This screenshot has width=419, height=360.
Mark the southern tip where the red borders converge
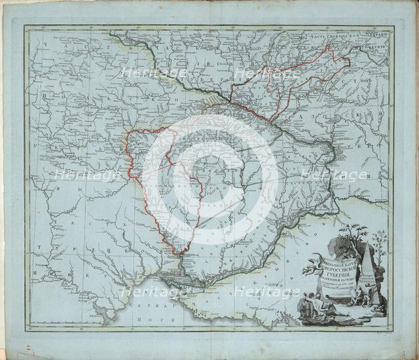pos(177,255)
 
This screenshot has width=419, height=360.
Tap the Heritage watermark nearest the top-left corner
pos(145,73)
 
